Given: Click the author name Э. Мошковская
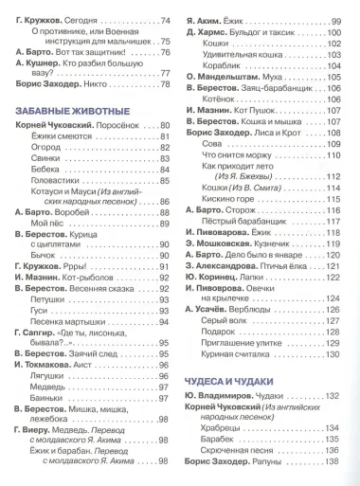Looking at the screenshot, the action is coord(226,243).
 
